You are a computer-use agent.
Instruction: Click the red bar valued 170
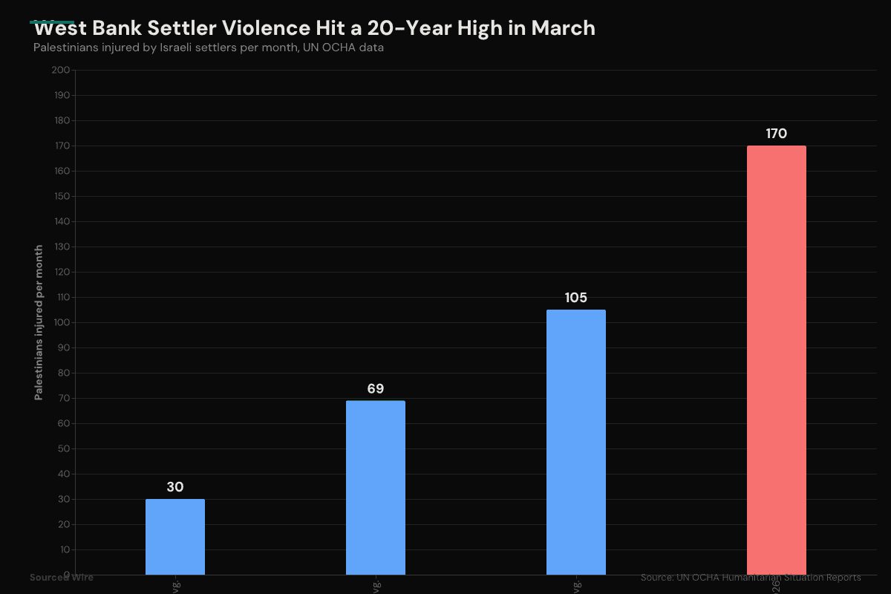pyautogui.click(x=776, y=360)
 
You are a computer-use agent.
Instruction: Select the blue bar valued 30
pyautogui.click(x=174, y=537)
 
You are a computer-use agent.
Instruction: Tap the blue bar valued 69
pyautogui.click(x=375, y=488)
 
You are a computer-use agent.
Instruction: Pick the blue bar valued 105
pyautogui.click(x=575, y=443)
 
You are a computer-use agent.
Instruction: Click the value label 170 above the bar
pyautogui.click(x=776, y=134)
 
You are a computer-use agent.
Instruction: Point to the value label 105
pyautogui.click(x=575, y=298)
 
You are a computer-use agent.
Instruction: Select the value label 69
pyautogui.click(x=375, y=389)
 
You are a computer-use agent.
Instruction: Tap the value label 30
pyautogui.click(x=174, y=487)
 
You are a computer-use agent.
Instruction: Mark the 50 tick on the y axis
pyautogui.click(x=63, y=448)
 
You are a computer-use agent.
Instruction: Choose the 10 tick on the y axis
pyautogui.click(x=63, y=549)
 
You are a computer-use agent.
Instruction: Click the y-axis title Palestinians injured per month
pyautogui.click(x=39, y=322)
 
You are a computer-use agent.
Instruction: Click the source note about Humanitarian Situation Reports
pyautogui.click(x=751, y=578)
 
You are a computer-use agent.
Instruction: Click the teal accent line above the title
pyautogui.click(x=52, y=22)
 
